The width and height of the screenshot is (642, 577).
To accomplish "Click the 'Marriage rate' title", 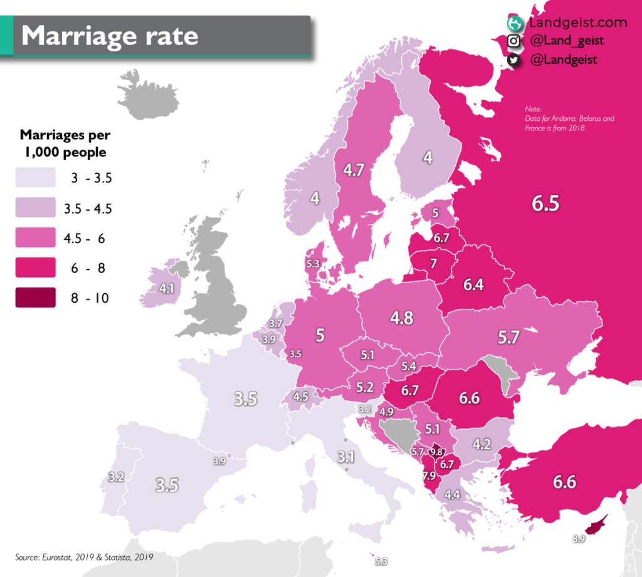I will (110, 36).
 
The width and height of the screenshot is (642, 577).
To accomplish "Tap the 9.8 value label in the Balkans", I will (438, 452).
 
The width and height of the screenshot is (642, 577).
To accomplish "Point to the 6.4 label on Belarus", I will (473, 285).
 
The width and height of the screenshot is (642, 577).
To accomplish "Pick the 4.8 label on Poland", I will (401, 318).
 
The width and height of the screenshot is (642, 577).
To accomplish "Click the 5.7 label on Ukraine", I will (508, 338).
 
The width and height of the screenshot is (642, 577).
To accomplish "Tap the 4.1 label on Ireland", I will (166, 289).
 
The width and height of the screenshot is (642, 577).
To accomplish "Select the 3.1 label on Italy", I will (345, 455).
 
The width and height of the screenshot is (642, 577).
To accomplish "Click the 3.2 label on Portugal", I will (116, 477).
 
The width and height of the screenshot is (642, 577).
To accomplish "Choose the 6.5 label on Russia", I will (545, 204).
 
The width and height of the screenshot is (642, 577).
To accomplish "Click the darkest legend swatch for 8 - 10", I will (35, 298).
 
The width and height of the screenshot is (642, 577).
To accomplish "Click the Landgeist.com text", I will (577, 23).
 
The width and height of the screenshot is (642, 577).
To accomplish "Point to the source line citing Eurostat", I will (84, 556).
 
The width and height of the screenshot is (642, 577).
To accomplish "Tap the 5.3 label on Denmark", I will (313, 264).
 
